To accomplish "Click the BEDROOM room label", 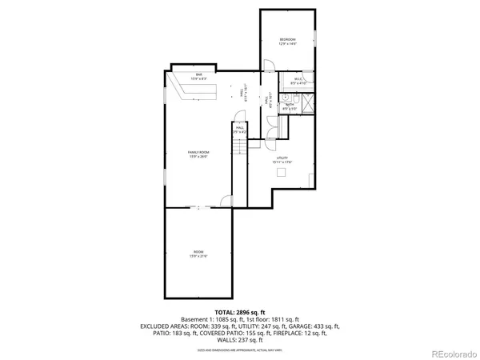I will [287, 39].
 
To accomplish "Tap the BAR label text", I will [198, 74].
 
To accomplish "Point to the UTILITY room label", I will [282, 158].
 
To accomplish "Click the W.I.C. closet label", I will [298, 78].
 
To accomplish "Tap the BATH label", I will [290, 103].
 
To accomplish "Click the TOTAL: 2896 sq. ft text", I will [240, 311].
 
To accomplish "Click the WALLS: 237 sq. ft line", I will [240, 340].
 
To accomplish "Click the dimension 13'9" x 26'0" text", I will [198, 157].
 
